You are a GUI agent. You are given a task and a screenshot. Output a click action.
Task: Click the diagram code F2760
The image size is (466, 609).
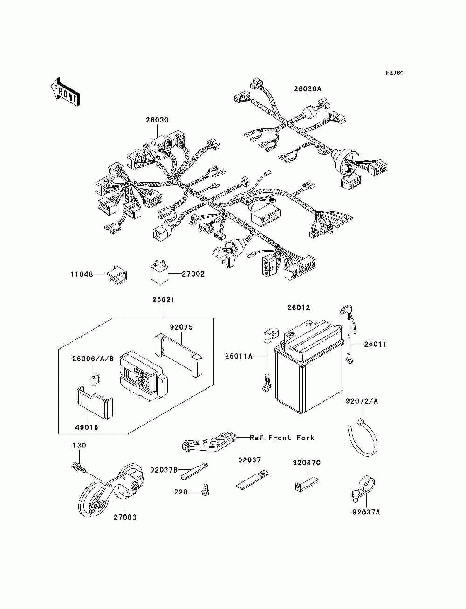394,73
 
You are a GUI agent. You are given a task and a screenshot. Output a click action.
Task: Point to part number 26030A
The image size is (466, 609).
308,88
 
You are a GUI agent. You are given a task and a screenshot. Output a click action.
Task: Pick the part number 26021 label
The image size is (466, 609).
163,300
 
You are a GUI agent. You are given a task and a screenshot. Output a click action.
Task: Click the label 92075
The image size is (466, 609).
181,327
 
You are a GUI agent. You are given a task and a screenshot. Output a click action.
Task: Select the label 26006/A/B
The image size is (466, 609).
93,359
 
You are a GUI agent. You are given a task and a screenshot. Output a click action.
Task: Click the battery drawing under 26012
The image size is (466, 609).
309,368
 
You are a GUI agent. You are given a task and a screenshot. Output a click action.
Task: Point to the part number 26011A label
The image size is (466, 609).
238,356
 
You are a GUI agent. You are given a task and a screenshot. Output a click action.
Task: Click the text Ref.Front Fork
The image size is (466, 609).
282,438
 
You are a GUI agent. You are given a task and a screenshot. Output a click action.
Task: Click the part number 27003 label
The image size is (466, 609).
125,517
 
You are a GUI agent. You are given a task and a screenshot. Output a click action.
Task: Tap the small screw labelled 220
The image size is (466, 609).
204,489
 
